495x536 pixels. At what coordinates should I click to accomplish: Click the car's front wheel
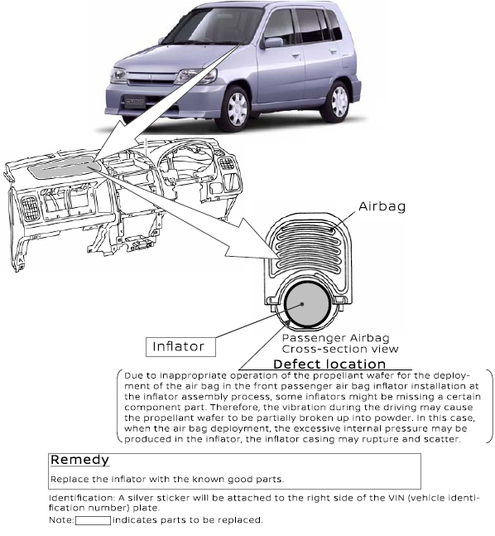(237, 108)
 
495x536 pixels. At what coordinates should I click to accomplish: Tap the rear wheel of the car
(338, 102)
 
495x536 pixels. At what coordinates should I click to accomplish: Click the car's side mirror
(272, 43)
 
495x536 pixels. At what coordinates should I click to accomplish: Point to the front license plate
(133, 102)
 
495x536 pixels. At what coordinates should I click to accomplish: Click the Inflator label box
(180, 347)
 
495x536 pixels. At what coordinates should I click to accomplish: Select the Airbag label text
(382, 207)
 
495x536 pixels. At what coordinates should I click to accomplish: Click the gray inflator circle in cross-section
(306, 304)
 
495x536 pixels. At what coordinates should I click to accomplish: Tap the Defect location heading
(329, 364)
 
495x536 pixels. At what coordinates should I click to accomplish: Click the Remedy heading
(79, 460)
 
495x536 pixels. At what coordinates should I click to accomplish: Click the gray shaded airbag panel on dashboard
(65, 169)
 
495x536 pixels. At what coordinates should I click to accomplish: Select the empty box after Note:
(93, 520)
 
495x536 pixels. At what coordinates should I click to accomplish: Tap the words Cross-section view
(340, 349)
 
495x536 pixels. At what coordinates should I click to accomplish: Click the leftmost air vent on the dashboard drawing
(31, 209)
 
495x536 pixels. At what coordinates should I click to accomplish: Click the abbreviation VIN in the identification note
(396, 498)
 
